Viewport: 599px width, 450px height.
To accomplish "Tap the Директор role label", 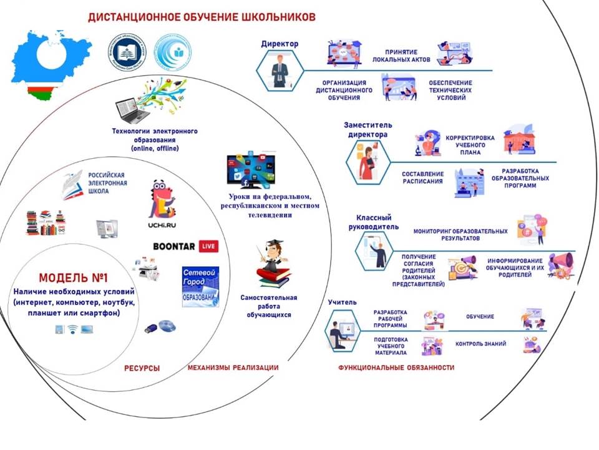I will tap(280, 44).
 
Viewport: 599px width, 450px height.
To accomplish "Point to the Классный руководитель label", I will tap(373, 222).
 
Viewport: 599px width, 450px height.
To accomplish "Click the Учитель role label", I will tap(342, 302).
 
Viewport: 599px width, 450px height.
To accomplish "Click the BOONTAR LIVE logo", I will tap(185, 246).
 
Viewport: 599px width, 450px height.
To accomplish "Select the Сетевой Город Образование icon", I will tap(200, 286).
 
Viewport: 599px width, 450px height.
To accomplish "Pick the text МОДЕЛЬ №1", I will tap(73, 277).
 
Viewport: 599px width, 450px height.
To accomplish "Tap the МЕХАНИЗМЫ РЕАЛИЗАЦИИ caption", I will tap(233, 368).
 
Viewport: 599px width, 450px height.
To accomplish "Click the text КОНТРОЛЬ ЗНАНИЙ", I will tap(480, 344).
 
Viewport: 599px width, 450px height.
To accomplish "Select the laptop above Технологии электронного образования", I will tap(134, 111).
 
